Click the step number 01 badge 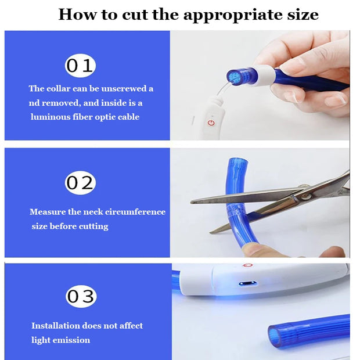(80, 66)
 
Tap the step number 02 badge (80, 183)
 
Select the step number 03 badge (81, 296)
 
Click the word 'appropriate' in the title (233, 15)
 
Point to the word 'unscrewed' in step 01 (124, 89)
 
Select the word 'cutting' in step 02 (93, 226)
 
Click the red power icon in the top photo (211, 123)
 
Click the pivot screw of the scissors (305, 196)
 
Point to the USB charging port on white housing (247, 283)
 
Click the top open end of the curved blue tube (237, 160)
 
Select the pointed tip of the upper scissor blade (192, 202)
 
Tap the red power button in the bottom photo (247, 265)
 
